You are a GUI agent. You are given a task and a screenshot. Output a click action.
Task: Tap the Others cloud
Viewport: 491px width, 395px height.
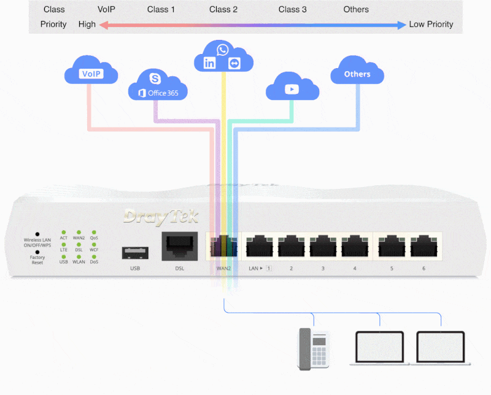point(357,74)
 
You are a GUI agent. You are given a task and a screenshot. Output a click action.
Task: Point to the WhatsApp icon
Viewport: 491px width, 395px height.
point(223,49)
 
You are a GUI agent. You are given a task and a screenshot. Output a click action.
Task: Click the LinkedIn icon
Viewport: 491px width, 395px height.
point(210,63)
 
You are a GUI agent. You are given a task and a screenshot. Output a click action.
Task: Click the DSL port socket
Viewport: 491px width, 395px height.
point(179,247)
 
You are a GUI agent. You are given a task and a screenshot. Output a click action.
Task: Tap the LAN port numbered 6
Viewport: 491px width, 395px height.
point(423,247)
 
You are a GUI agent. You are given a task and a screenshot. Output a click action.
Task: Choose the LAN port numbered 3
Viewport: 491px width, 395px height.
point(323,247)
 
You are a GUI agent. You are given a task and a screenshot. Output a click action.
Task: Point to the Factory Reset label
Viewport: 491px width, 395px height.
point(37,260)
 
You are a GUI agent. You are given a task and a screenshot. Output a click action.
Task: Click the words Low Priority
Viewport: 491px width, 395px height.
point(431,25)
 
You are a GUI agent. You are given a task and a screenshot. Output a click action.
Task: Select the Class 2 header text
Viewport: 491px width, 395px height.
point(223,10)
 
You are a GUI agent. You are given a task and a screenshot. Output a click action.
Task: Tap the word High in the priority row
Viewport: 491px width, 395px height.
point(87,25)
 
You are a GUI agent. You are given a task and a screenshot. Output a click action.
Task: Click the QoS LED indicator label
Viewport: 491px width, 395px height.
point(94,237)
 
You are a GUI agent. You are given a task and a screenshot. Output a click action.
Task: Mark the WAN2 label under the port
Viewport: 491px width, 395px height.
point(223,269)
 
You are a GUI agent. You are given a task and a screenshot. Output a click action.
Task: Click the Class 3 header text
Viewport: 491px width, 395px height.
point(293,10)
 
